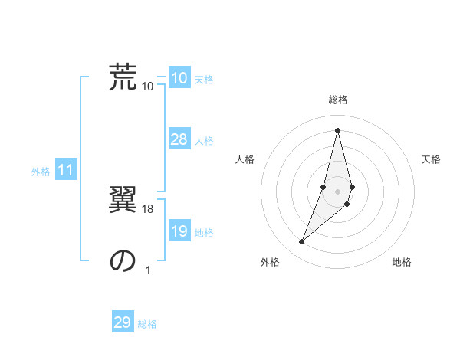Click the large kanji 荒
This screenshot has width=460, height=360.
tap(123, 76)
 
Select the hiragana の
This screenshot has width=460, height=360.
tap(123, 260)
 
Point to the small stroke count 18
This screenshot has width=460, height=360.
tap(148, 209)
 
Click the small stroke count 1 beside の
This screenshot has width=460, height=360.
tap(148, 270)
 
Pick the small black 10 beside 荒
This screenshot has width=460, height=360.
tap(148, 86)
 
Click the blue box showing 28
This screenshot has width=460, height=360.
tap(179, 139)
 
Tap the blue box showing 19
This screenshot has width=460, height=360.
tap(179, 231)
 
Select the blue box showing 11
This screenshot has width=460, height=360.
tap(66, 170)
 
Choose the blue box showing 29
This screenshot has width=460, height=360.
tap(123, 322)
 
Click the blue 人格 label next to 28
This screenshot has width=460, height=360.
tap(204, 141)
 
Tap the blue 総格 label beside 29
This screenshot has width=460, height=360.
tap(148, 324)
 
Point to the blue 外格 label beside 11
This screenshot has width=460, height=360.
tap(41, 172)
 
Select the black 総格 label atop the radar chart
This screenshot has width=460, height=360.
tap(337, 100)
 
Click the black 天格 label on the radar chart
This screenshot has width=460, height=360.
tap(431, 159)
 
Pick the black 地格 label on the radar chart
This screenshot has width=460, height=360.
tap(402, 262)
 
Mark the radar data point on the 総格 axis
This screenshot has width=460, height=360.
tap(337, 130)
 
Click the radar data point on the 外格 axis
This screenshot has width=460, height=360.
tap(302, 242)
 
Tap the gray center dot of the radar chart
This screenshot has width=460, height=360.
tap(337, 191)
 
